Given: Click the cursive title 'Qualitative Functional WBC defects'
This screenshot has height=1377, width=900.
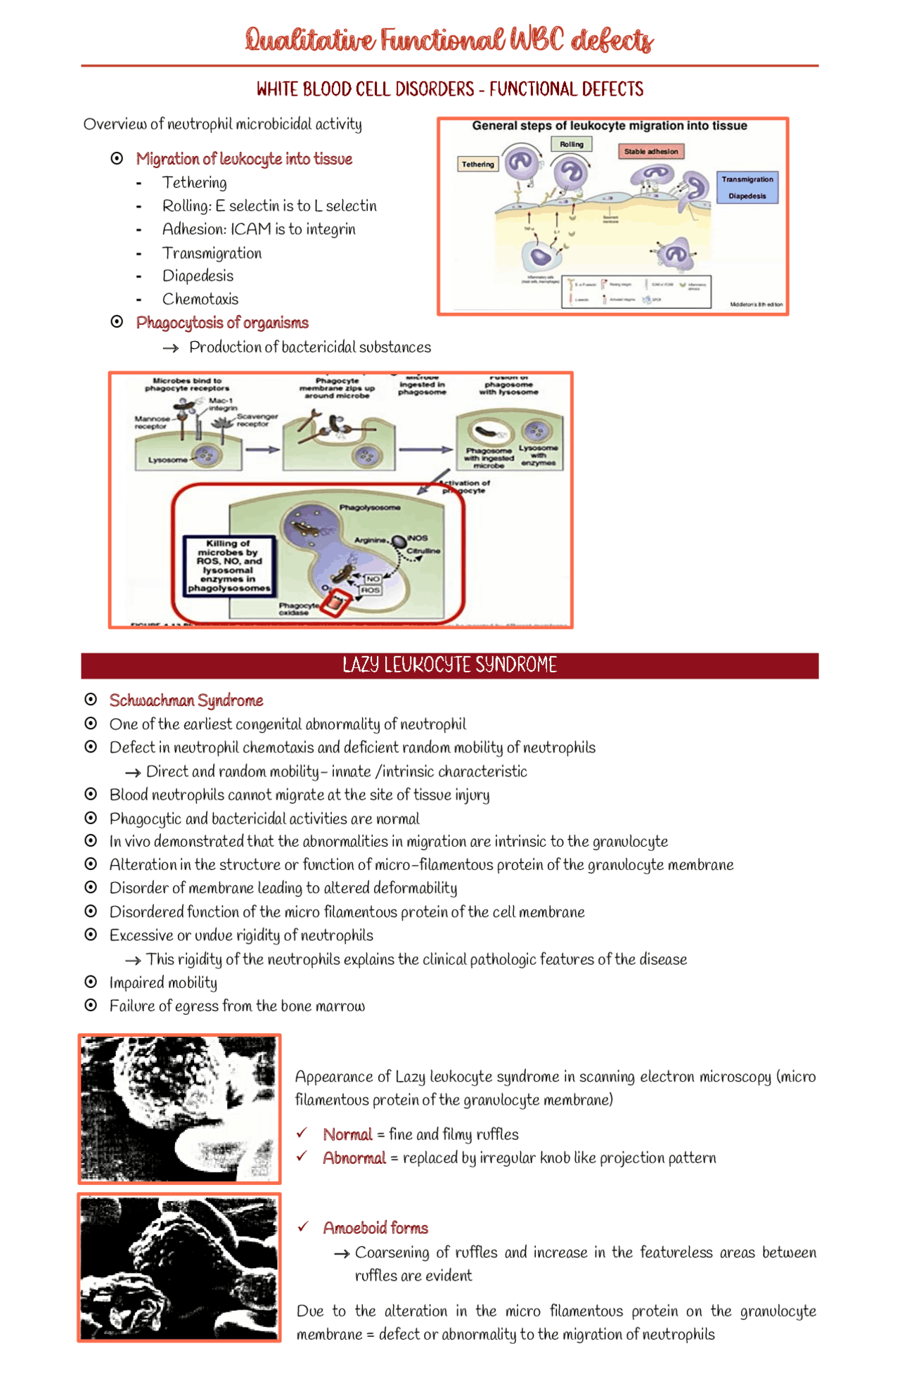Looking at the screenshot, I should coord(449,40).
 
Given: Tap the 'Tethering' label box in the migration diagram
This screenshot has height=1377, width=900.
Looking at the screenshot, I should coord(478,164).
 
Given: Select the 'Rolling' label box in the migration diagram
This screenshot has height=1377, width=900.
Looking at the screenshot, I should coord(572,144).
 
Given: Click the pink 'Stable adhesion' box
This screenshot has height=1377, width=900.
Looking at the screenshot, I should coord(651,151).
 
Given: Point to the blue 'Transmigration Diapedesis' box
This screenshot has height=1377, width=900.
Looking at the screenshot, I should coord(747,188).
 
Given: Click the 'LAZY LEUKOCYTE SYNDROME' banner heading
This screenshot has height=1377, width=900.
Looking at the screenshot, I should coord(449,665).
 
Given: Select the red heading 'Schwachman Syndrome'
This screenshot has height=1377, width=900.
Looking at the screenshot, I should coord(186,700).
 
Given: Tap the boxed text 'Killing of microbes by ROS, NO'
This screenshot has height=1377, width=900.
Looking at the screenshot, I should coord(229,565).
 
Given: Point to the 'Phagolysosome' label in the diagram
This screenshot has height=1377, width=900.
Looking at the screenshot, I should coord(370,507).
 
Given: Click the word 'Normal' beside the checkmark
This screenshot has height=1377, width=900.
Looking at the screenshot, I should coord(347,1134).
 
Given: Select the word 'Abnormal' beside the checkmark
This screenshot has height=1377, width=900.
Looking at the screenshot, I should coord(354,1158).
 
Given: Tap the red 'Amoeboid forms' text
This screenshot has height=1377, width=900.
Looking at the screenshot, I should coord(375,1228).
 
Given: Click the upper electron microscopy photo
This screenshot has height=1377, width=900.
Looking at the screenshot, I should coord(179,1109).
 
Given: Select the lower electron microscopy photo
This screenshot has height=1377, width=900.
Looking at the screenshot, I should coord(179,1268).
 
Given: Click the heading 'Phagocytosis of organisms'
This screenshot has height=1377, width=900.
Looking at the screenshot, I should coord(222,323).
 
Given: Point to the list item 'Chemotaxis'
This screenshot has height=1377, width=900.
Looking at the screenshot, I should coord(200,299).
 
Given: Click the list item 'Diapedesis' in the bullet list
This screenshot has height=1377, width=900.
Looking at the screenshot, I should coord(198,276).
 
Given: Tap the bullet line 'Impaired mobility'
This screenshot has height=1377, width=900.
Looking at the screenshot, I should coord(163,982).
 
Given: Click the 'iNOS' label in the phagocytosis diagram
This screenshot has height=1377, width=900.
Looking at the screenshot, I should coord(418,538).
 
